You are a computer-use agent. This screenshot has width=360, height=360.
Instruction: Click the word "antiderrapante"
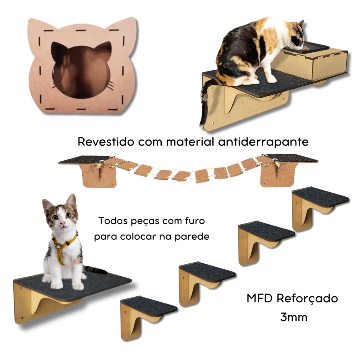263,142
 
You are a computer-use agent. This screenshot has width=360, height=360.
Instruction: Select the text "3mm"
294,317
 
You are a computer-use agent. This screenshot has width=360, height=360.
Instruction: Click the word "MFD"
260,298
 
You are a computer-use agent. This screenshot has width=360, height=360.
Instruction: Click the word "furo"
195,221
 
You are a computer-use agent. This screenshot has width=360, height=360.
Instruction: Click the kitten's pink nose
63,223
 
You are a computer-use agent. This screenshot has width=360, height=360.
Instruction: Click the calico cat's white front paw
272,79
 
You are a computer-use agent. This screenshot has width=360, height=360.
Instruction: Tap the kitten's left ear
47,205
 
